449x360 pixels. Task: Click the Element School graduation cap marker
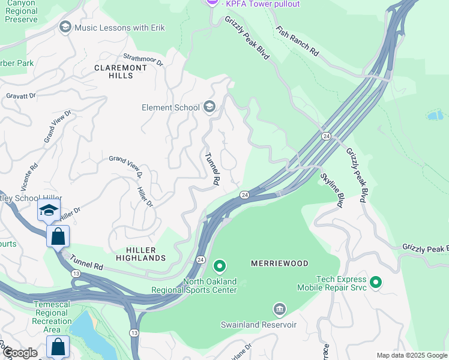point(209,107)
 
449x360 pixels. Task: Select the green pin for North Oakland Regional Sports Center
point(220,265)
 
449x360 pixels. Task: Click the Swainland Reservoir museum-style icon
point(279,310)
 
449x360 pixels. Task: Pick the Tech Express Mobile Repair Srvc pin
point(376,281)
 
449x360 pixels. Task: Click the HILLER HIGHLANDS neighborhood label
point(137,254)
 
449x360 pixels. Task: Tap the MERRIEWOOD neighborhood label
point(279,263)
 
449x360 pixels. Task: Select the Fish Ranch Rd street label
point(297,41)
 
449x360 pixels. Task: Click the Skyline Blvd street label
point(331,190)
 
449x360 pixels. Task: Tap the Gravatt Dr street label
point(21,95)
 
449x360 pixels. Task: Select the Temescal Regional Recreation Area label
point(52,317)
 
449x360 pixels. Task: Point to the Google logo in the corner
point(19,353)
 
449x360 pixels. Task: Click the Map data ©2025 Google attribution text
point(412,355)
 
